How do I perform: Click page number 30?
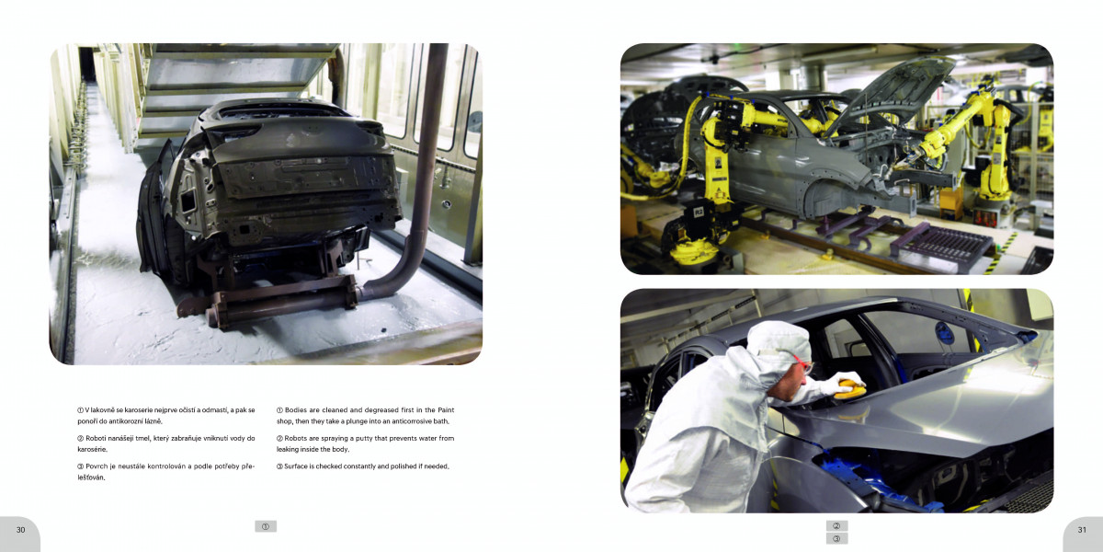pyautogui.click(x=20, y=530)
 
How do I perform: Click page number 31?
pyautogui.click(x=1082, y=530)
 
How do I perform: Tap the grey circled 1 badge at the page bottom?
pyautogui.click(x=266, y=526)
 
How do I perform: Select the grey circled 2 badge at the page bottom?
pyautogui.click(x=836, y=526)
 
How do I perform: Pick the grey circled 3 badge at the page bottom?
pyautogui.click(x=836, y=539)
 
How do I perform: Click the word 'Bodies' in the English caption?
pyautogui.click(x=296, y=410)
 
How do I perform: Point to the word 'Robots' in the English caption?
pyautogui.click(x=295, y=438)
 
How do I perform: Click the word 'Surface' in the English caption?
pyautogui.click(x=296, y=466)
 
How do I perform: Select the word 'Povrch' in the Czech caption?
pyautogui.click(x=97, y=466)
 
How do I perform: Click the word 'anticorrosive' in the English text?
pyautogui.click(x=412, y=421)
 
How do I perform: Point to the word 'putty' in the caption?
pyautogui.click(x=364, y=439)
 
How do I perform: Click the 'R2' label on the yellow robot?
pyautogui.click(x=699, y=212)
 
